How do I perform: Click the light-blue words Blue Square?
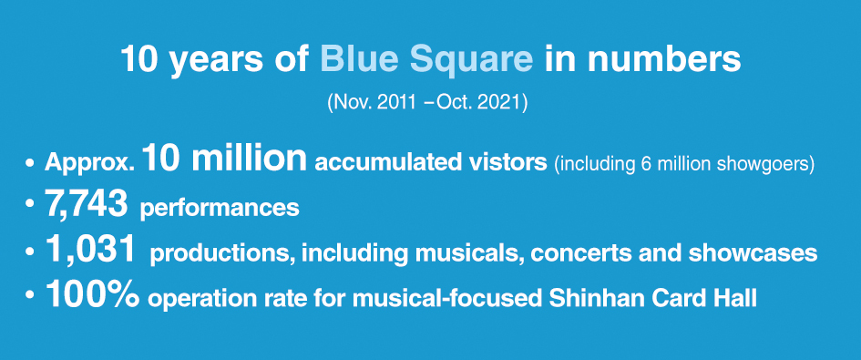point(426,60)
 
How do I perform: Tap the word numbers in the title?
point(664,59)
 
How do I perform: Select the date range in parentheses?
point(427,103)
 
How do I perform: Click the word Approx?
point(89,163)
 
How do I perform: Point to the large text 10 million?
point(224,159)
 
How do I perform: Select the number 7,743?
point(87,205)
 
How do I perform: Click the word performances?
point(220,210)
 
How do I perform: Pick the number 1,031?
point(90,251)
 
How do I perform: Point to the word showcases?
point(753,253)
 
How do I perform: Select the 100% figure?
point(92,294)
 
